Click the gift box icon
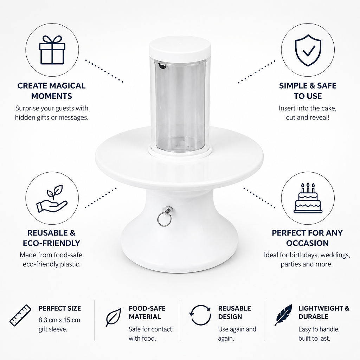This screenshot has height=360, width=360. (x=52, y=50)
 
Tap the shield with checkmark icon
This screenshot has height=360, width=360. (x=308, y=50)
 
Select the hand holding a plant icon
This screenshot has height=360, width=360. (x=52, y=199)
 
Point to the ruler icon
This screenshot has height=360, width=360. (x=20, y=315)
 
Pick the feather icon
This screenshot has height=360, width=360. (x=283, y=315)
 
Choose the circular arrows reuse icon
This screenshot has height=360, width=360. (x=200, y=315)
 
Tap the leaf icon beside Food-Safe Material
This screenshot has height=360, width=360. (x=114, y=317)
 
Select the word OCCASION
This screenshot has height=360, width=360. (x=307, y=243)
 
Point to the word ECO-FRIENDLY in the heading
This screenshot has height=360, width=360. (x=51, y=243)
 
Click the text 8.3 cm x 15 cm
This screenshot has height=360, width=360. (x=59, y=320)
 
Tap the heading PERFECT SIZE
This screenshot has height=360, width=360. (x=60, y=308)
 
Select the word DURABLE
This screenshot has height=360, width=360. (x=313, y=317)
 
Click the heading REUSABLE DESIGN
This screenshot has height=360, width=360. (x=234, y=313)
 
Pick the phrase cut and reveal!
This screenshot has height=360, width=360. (x=308, y=117)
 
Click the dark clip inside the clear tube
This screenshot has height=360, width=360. (x=162, y=66)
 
